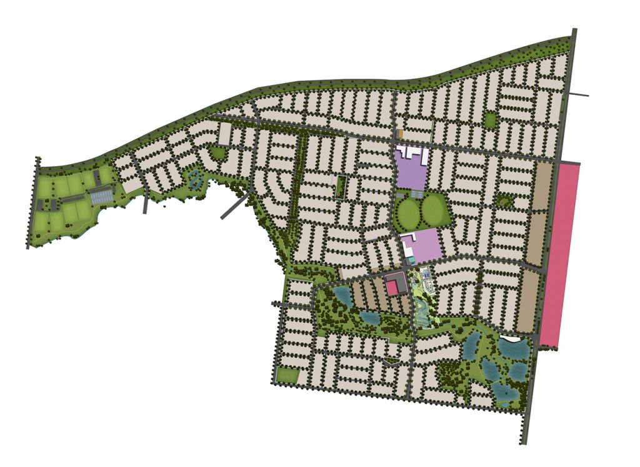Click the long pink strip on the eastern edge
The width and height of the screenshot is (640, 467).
pos(561,253)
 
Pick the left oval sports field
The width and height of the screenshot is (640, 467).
pos(409,213)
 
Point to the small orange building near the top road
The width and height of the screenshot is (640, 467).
pos(399,134)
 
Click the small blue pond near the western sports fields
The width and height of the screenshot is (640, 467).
pos(194,180)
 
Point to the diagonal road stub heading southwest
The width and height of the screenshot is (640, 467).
pos(235,207)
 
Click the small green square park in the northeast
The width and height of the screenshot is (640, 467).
pos(490,119)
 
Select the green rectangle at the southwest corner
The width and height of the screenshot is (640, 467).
pos(287,375)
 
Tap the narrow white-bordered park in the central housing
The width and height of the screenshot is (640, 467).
pos(341,187)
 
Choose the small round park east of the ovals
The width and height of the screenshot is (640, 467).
pos(502,202)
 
